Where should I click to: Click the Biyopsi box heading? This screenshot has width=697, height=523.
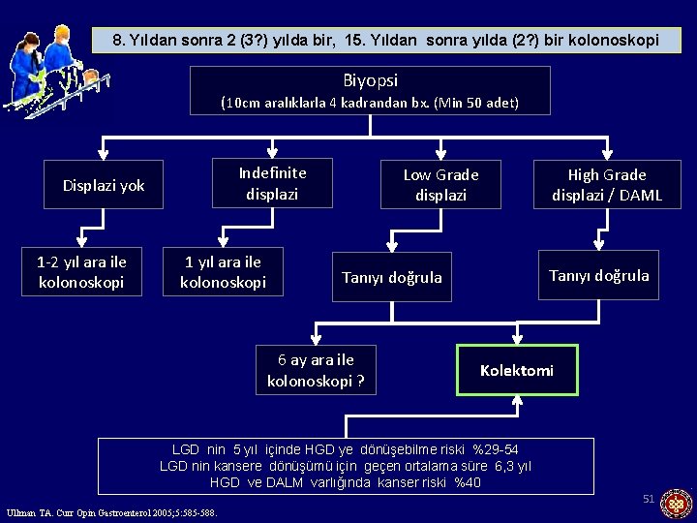370,81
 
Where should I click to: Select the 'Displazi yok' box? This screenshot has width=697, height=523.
104,185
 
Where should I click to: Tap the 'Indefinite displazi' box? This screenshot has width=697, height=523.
272,183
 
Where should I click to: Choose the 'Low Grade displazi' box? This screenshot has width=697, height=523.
440,184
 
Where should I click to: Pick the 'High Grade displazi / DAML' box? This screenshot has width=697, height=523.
607,184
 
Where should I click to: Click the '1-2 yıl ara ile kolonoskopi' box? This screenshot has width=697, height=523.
82,271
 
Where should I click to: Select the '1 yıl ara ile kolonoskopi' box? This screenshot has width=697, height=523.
223,271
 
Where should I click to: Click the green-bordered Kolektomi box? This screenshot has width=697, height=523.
517,370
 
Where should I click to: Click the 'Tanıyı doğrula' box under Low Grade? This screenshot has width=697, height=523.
391,278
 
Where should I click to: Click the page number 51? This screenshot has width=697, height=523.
649,499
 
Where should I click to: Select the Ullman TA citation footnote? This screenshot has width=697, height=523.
111,512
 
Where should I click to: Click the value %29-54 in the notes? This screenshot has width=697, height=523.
495,450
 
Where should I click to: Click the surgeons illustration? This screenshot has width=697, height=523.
48,70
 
